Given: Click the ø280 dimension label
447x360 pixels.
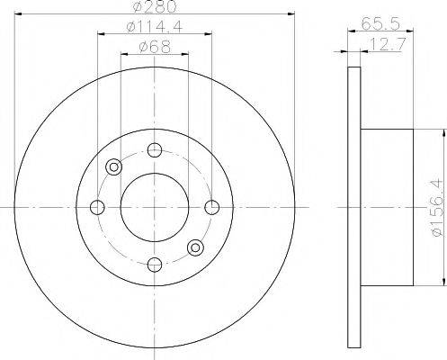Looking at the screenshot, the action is click(155, 6).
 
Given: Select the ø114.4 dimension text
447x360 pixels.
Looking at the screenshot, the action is click(155, 27).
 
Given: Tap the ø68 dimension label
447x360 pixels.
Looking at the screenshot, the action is click(155, 47).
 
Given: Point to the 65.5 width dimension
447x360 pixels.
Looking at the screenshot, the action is click(380, 23).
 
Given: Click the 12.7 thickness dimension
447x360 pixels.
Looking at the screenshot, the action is click(387, 44).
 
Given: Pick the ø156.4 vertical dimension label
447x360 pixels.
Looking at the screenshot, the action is click(437, 207).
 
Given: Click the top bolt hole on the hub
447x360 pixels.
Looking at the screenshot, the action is click(155, 150).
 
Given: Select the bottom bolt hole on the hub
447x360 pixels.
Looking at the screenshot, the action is click(155, 265).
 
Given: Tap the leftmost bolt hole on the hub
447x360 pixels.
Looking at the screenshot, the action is click(97, 207).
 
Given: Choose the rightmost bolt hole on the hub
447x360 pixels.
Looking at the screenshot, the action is click(212, 207).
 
